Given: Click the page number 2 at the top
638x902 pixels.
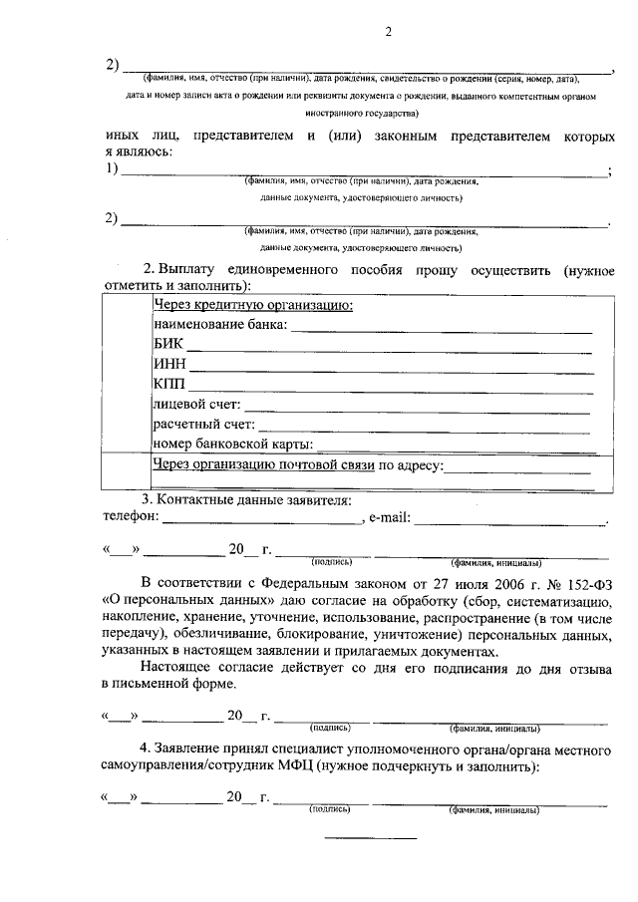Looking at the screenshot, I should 390,32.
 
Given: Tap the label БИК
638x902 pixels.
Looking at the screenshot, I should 168,345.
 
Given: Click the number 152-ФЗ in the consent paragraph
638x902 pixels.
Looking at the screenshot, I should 574,584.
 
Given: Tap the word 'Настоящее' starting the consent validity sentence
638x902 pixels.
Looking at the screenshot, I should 172,667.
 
